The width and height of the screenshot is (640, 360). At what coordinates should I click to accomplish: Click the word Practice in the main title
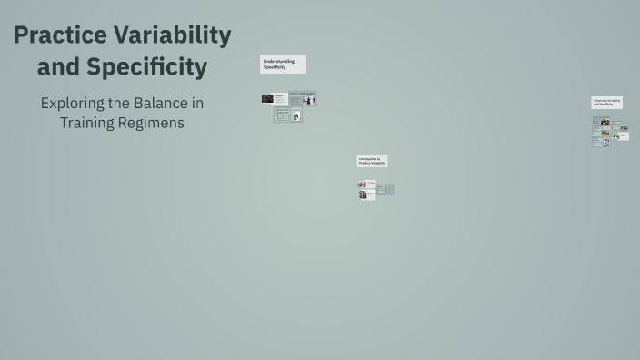62,36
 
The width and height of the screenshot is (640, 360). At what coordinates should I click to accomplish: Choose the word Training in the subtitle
87,123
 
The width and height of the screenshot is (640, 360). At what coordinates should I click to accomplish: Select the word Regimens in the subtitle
152,123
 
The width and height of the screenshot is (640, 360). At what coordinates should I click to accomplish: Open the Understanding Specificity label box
283,64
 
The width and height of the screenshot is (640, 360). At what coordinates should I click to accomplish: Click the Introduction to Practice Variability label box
372,161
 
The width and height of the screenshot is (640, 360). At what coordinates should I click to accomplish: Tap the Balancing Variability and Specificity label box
606,103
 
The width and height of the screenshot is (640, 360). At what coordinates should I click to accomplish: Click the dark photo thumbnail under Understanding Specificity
267,98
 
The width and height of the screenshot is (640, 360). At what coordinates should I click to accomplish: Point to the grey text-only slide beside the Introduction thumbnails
385,189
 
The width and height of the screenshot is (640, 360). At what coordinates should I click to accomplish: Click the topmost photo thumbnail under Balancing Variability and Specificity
605,121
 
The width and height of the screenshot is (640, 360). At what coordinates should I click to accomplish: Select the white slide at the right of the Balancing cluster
621,136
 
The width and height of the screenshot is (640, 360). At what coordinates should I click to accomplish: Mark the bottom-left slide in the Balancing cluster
597,142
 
